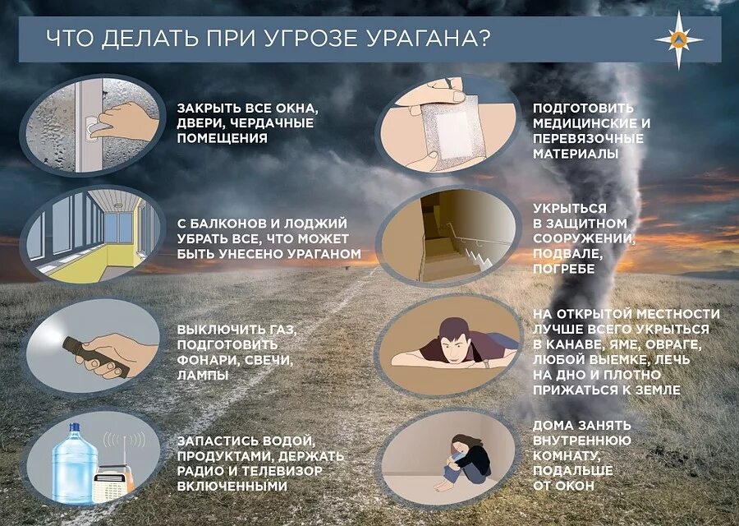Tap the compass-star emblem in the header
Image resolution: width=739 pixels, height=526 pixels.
(x=678, y=39)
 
